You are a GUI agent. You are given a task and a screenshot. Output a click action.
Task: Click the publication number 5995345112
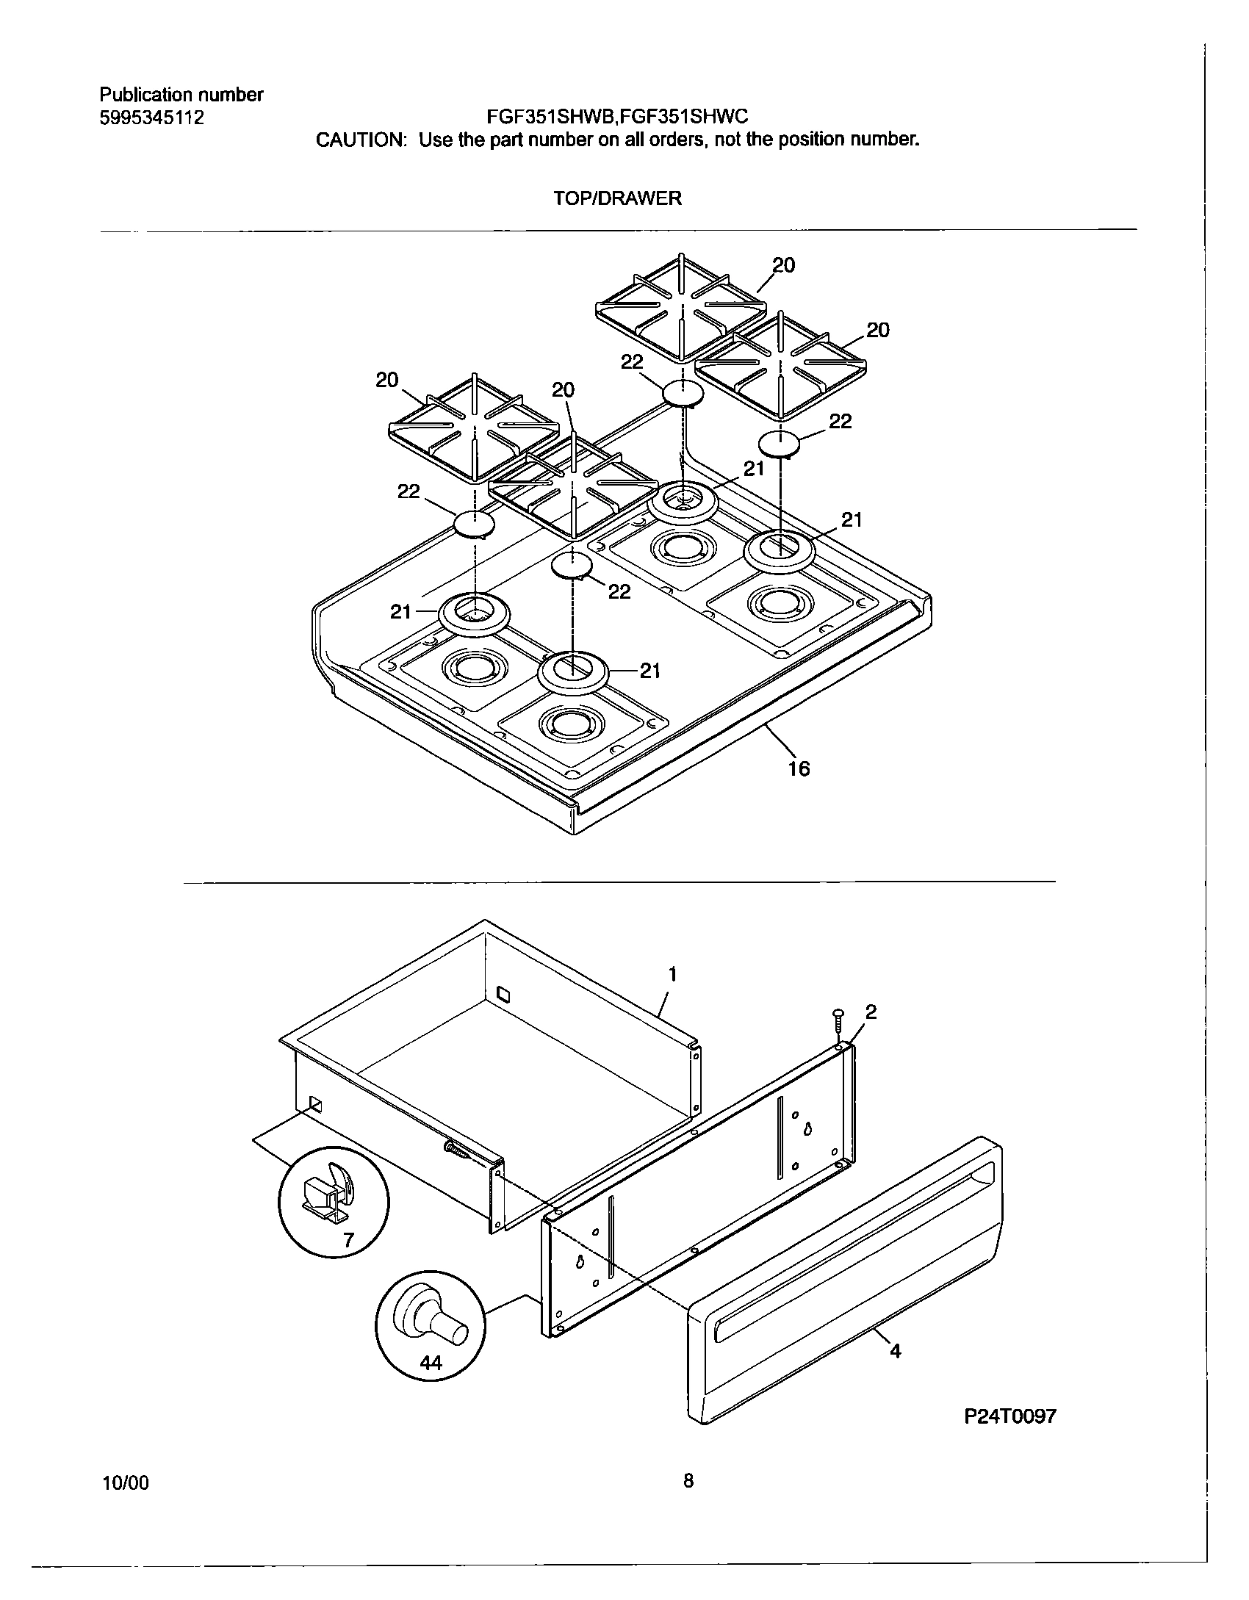point(151,118)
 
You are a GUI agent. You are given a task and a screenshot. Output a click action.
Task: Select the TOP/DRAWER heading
point(617,198)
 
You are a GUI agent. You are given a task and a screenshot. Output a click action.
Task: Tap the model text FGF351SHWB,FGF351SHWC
point(617,117)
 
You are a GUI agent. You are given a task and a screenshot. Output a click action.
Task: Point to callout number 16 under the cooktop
point(799,768)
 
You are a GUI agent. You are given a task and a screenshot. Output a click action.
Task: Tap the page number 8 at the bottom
point(688,1480)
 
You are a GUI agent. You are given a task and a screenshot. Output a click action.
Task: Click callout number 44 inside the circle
point(431,1363)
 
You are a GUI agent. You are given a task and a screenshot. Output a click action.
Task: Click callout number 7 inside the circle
point(348,1241)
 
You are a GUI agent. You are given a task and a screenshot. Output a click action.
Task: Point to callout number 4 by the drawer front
point(896,1350)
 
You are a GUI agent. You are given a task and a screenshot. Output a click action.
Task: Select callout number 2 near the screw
point(871,1012)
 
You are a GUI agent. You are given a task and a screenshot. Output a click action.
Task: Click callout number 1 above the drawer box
point(672,975)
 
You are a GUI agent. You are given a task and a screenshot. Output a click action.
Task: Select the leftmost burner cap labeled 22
point(474,525)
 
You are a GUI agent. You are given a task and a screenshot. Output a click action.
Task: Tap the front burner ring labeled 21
point(574,670)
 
